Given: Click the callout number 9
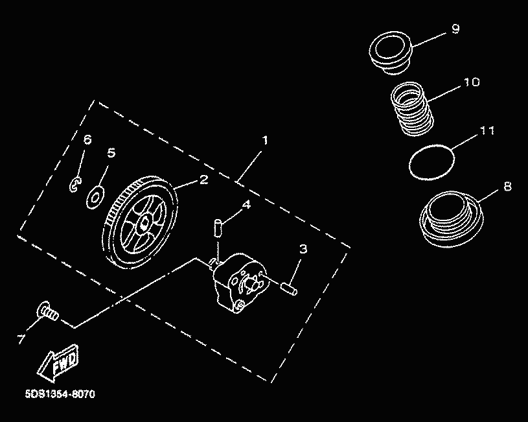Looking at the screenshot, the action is click(x=455, y=29).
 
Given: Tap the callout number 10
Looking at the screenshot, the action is click(x=472, y=82).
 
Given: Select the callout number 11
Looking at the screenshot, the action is click(x=487, y=130).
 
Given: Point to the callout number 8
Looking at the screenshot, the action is click(x=507, y=186).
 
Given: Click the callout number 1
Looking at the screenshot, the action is click(x=265, y=140).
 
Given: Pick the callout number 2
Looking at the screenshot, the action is click(x=203, y=180).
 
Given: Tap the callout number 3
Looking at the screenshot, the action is click(x=303, y=249).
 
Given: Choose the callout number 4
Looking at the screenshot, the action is click(x=247, y=204).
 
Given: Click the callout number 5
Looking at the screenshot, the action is click(x=111, y=153).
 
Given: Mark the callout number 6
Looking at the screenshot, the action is click(x=87, y=139).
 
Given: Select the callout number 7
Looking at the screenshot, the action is click(x=21, y=339).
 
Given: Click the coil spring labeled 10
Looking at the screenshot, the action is click(x=412, y=109).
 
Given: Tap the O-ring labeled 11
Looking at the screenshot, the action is click(x=431, y=162).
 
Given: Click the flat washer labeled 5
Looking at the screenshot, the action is click(x=96, y=196).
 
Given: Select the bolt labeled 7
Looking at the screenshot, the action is click(x=47, y=311).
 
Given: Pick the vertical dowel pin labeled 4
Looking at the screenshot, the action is click(x=218, y=228).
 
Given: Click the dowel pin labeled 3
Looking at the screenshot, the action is click(x=289, y=289).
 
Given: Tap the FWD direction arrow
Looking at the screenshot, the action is click(x=58, y=363).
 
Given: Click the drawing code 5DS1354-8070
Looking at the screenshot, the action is click(x=60, y=394).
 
